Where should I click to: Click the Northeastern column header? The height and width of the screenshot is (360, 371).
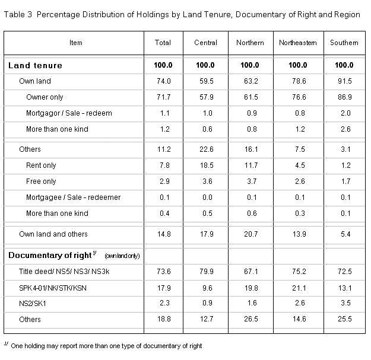[297, 43]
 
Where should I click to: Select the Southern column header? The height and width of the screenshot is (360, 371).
[344, 43]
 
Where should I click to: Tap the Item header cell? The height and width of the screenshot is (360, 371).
[76, 43]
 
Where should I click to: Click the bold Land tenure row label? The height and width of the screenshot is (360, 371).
[35, 65]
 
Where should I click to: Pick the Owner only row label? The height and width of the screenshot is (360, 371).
[45, 97]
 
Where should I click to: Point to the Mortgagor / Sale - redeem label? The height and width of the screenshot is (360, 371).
[69, 113]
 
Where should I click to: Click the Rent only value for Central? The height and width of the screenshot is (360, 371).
[207, 165]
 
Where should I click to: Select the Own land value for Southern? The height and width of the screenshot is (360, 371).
[345, 81]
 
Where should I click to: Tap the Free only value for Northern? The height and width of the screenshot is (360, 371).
[252, 181]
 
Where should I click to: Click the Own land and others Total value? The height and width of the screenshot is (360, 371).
[164, 234]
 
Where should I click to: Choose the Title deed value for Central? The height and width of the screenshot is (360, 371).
[207, 272]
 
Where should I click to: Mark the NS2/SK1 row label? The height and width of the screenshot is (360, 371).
[33, 303]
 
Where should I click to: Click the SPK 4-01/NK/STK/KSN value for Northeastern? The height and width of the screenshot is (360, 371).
[299, 288]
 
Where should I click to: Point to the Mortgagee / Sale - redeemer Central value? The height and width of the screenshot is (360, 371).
[207, 197]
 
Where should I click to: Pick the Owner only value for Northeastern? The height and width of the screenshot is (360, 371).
[299, 97]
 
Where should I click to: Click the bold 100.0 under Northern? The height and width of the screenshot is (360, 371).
[250, 65]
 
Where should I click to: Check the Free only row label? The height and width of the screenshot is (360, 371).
[41, 181]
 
